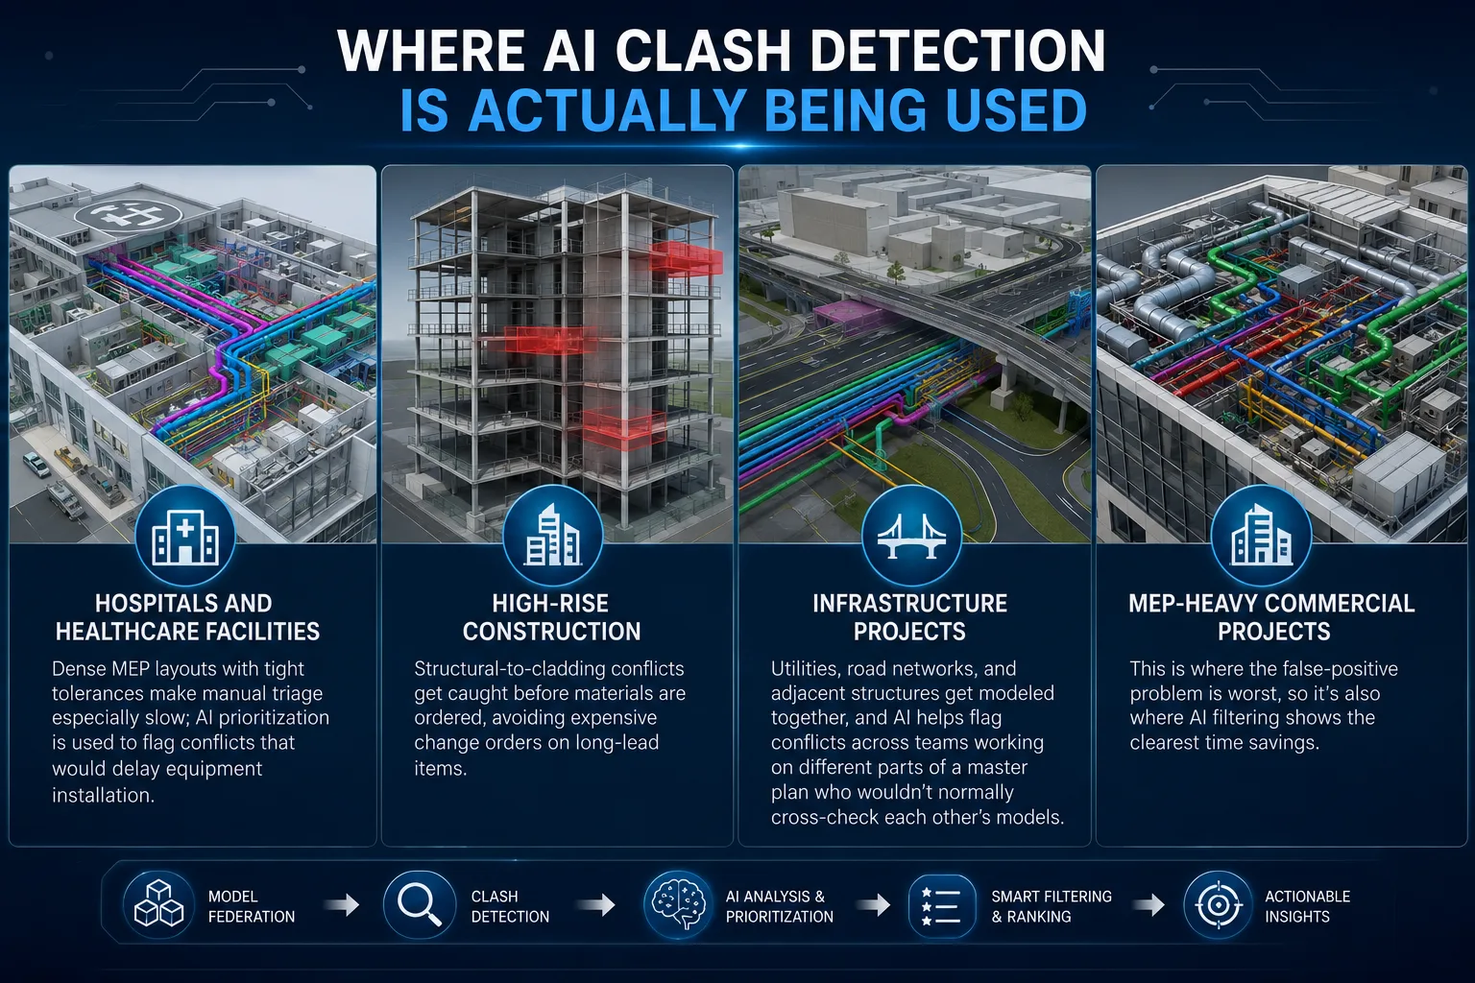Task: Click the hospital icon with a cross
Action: [185, 536]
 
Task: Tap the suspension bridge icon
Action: [911, 536]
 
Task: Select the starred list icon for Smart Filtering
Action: [942, 906]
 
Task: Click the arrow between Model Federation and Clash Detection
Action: [343, 905]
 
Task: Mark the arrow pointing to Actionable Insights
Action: [1149, 905]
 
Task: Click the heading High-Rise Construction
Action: [552, 617]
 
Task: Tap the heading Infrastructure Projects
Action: [910, 617]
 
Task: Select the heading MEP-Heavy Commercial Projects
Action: [1271, 617]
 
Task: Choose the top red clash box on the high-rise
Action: [686, 257]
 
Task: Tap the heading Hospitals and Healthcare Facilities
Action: [187, 617]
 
